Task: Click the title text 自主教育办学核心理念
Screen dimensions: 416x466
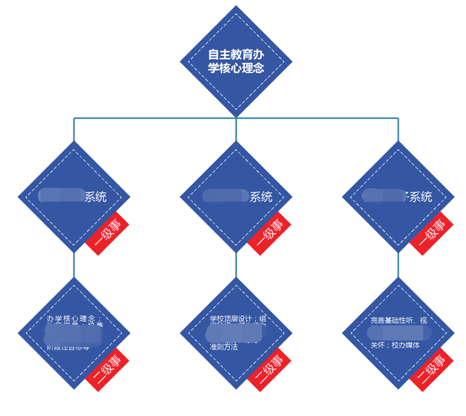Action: [236, 61]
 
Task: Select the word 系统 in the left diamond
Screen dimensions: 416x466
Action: [95, 197]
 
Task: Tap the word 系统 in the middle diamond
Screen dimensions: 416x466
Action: [261, 197]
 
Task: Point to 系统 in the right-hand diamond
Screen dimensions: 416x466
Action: [420, 197]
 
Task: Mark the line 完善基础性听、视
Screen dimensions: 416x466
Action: [398, 320]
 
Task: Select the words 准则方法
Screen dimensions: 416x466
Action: [224, 346]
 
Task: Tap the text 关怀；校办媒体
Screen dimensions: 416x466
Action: [395, 345]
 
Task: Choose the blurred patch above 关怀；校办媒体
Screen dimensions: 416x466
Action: [399, 333]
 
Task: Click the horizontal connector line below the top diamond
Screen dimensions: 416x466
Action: [151, 118]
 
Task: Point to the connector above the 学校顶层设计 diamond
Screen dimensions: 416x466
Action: [236, 264]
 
